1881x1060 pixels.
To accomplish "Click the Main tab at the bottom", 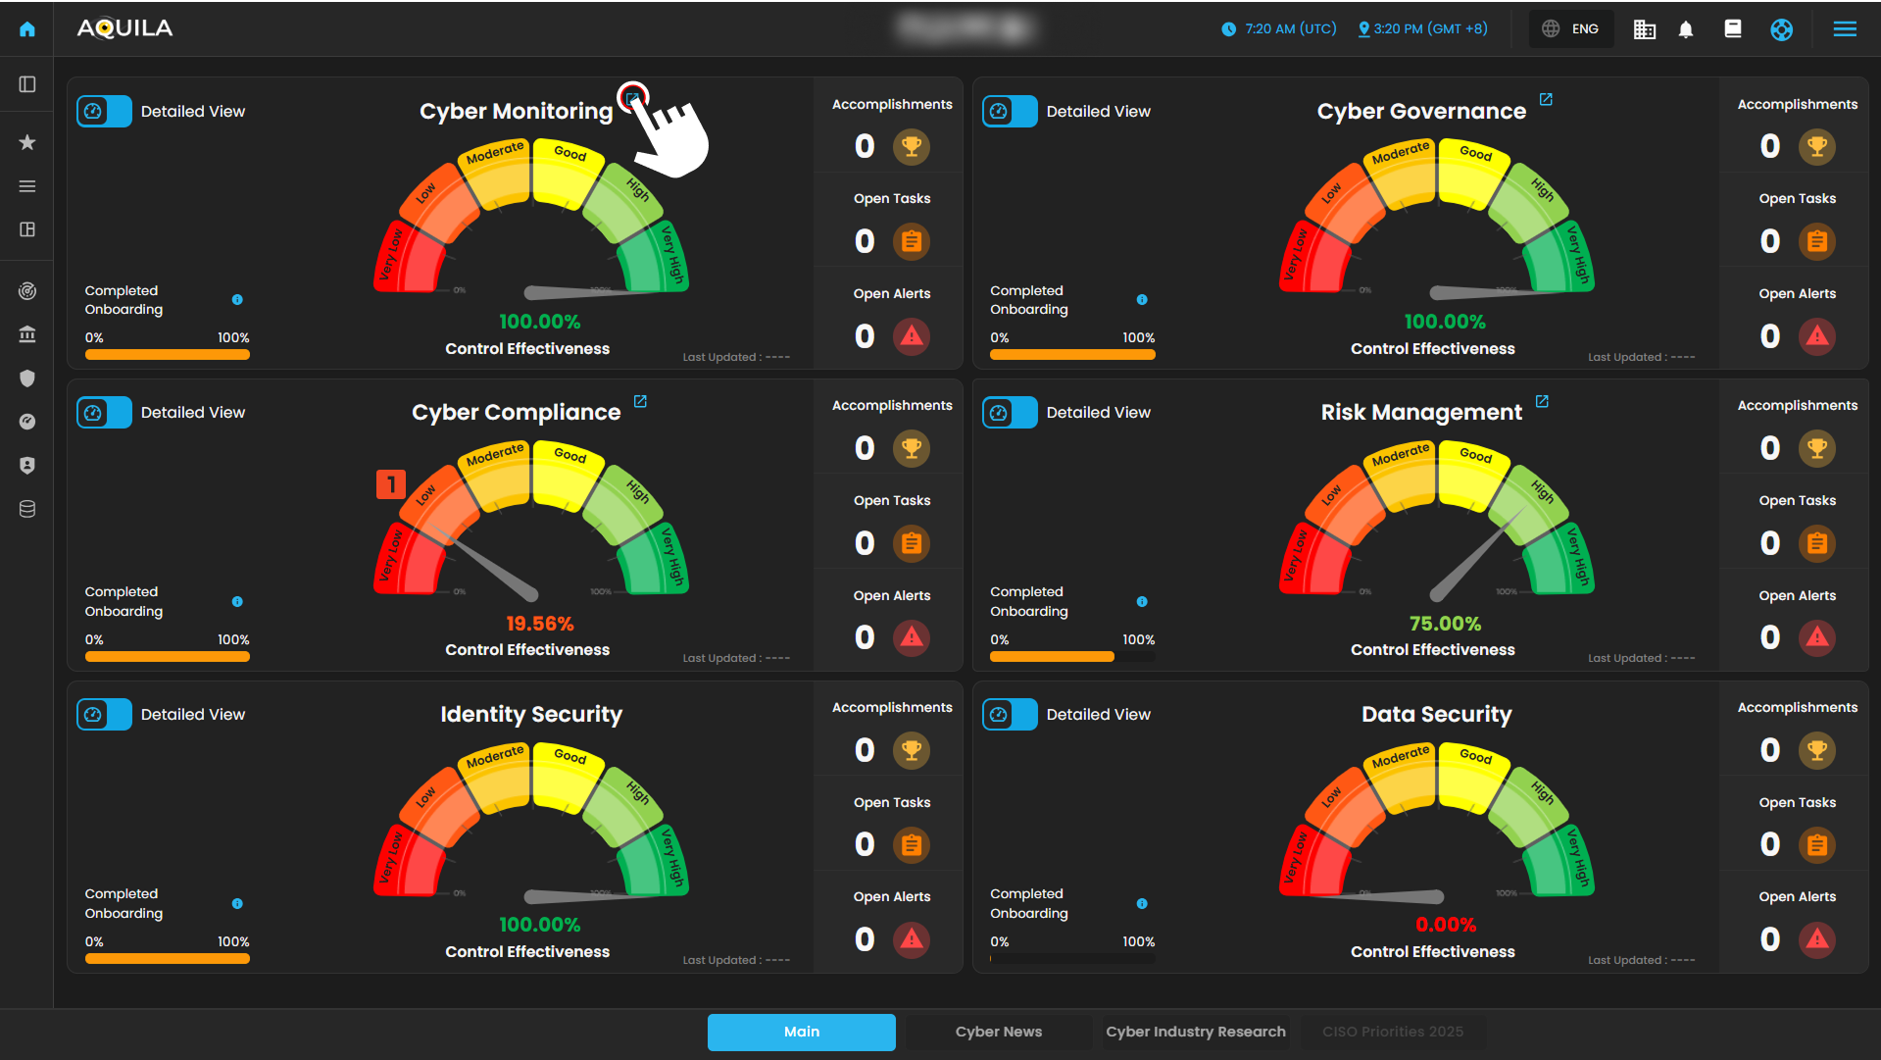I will (x=801, y=1032).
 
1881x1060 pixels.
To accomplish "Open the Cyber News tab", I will (x=998, y=1032).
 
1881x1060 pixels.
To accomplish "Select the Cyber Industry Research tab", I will (x=1195, y=1032).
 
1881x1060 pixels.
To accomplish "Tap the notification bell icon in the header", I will (x=1685, y=29).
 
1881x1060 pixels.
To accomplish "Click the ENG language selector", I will (x=1571, y=29).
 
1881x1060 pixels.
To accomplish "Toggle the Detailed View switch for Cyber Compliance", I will (x=104, y=413).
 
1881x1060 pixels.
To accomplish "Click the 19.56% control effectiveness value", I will (x=539, y=624).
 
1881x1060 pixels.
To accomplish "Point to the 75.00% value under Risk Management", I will (x=1445, y=624).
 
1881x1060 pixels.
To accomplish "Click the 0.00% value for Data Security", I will (x=1445, y=925).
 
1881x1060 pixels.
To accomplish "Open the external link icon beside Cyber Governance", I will (x=1546, y=100).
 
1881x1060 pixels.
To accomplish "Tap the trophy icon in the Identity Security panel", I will (x=912, y=750).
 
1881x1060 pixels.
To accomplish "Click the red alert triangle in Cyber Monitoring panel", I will (x=912, y=336).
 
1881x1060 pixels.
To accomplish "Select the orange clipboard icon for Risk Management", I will (x=1816, y=543).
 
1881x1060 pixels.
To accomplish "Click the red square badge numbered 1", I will (x=391, y=484).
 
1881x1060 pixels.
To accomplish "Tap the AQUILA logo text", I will (x=124, y=28).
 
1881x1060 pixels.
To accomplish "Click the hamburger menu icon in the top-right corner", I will (x=1844, y=29).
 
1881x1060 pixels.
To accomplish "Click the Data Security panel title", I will (x=1436, y=714).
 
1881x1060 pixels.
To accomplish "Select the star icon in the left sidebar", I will (x=27, y=143).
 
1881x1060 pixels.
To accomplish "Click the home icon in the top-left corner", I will (x=27, y=29).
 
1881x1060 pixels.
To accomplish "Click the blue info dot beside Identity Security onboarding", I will (x=237, y=903).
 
